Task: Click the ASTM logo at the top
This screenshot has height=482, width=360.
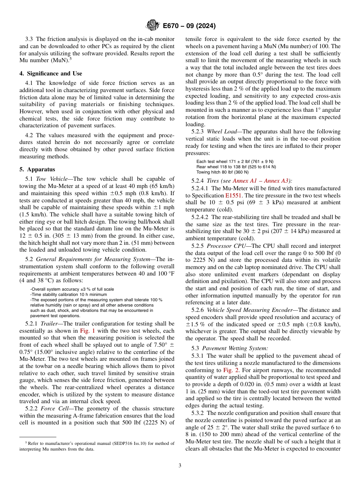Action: coord(152,26)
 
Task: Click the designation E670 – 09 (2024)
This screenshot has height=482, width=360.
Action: coord(189,26)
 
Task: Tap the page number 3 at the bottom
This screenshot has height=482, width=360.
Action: coord(180,466)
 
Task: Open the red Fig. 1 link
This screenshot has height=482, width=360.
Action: coord(88,330)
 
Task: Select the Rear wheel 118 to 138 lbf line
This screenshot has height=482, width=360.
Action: coord(236,166)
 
